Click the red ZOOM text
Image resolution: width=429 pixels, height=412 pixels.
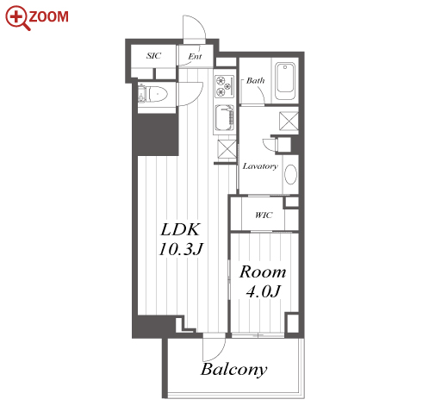(49, 16)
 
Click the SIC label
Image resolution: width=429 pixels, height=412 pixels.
(154, 55)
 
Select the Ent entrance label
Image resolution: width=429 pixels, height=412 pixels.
(196, 56)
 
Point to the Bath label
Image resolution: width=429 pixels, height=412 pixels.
(256, 80)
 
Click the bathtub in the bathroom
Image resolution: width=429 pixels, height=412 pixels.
(285, 81)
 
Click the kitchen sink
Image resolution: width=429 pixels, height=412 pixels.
(224, 118)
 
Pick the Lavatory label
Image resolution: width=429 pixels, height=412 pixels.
(260, 166)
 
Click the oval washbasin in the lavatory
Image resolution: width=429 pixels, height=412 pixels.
(290, 174)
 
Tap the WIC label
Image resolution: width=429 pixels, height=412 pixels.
(264, 215)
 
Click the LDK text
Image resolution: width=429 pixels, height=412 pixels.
(180, 229)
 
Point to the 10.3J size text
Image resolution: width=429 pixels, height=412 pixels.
(181, 249)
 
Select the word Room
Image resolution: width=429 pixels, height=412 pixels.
(263, 272)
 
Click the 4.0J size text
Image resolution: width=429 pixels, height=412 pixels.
(263, 291)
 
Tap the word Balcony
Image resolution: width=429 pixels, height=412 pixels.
(234, 370)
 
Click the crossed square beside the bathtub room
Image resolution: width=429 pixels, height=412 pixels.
(289, 121)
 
